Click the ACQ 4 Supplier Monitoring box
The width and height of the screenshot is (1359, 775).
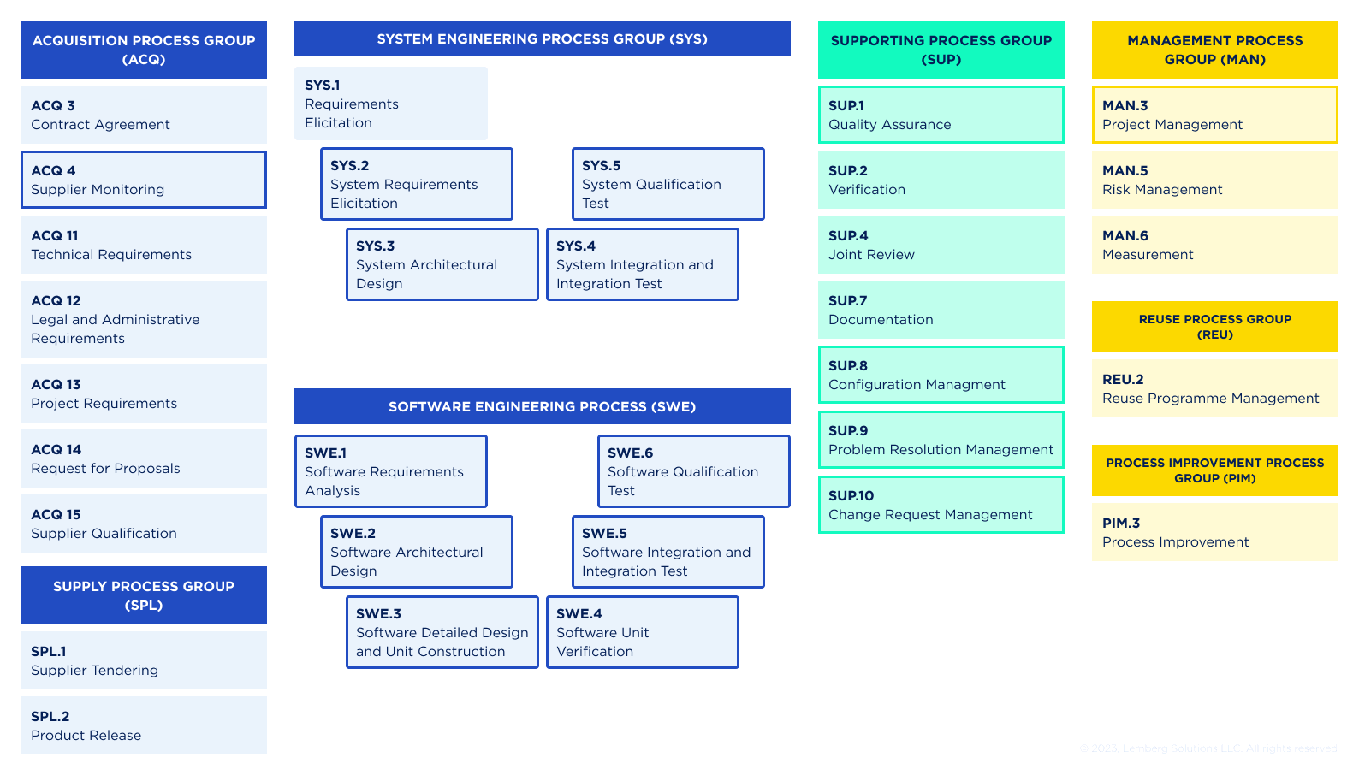[x=144, y=180]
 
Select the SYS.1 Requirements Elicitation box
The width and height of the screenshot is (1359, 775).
[x=391, y=104]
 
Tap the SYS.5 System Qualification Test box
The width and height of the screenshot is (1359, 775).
[x=668, y=184]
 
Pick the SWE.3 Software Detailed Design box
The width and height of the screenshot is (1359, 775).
[x=442, y=632]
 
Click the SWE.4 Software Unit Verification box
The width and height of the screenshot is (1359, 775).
[x=642, y=632]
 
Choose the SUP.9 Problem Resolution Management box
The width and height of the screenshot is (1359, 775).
[x=941, y=440]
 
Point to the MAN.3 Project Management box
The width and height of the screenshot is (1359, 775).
[x=1214, y=115]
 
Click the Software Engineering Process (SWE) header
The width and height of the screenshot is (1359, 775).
[x=542, y=406]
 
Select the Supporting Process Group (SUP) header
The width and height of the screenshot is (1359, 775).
[x=941, y=50]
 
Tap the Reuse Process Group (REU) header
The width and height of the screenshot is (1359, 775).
[x=1214, y=327]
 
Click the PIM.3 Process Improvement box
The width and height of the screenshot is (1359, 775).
[x=1214, y=532]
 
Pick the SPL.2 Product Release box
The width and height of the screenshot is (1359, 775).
[x=144, y=725]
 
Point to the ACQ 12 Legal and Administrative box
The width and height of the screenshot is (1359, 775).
[x=144, y=319]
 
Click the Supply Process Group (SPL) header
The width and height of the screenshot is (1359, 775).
[x=144, y=595]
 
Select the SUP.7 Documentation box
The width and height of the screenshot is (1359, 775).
[x=941, y=310]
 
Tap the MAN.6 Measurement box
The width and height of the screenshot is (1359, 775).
[x=1214, y=245]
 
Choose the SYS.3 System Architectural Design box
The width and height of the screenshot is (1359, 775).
[x=442, y=264]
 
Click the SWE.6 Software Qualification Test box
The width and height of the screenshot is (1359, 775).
[x=693, y=471]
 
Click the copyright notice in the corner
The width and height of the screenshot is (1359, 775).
[x=1208, y=748]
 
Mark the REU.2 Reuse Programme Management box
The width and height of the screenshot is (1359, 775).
[x=1214, y=388]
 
